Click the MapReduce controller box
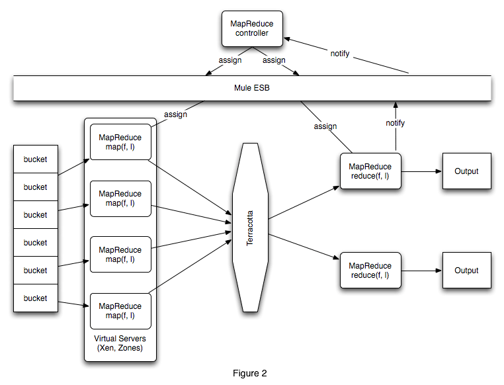251,28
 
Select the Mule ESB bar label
251,88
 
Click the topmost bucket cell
35,159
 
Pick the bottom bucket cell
35,298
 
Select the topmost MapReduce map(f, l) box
120,142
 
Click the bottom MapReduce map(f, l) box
120,310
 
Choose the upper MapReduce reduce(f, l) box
370,171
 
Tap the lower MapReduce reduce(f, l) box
370,270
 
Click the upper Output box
466,171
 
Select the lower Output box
466,271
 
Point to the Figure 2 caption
250,373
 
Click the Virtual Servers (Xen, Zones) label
120,343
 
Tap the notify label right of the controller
340,53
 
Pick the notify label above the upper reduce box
395,123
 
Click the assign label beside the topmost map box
175,114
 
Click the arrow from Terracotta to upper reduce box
304,202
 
